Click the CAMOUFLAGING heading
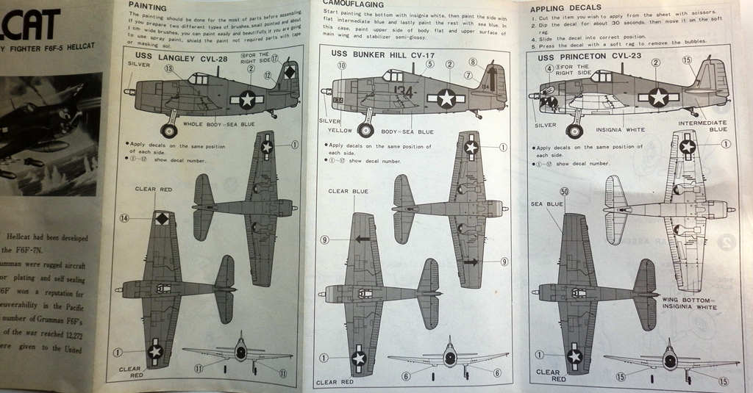tap(352, 4)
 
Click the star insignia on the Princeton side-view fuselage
tap(658, 96)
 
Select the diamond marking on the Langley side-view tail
tap(289, 72)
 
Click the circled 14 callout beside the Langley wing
tap(124, 218)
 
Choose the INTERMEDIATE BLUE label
tap(702, 126)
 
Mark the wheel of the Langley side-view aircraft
tap(170, 131)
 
